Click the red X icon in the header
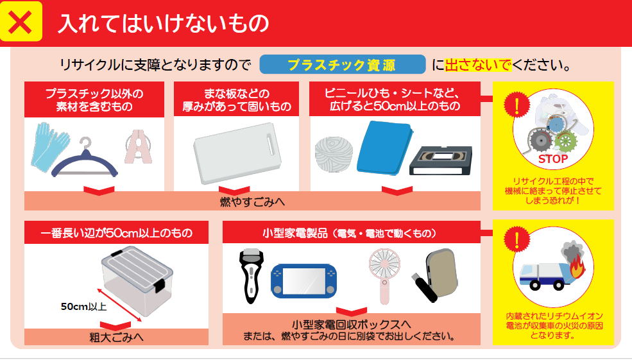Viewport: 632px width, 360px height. [20, 22]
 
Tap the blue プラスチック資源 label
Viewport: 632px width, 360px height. [342, 65]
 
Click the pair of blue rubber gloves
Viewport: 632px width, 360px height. [50, 145]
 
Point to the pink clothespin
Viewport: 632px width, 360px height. [139, 146]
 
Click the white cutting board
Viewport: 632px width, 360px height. [237, 153]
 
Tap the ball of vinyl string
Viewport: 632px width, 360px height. [334, 155]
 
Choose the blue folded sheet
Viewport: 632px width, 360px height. [385, 148]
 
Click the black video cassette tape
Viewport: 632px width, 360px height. [441, 161]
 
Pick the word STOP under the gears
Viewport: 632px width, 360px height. [552, 159]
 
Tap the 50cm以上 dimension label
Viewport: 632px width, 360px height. [83, 307]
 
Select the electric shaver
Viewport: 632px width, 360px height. [252, 276]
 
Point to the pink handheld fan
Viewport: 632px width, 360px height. [384, 275]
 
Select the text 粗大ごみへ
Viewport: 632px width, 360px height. [116, 337]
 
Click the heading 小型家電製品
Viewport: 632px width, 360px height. [295, 233]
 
